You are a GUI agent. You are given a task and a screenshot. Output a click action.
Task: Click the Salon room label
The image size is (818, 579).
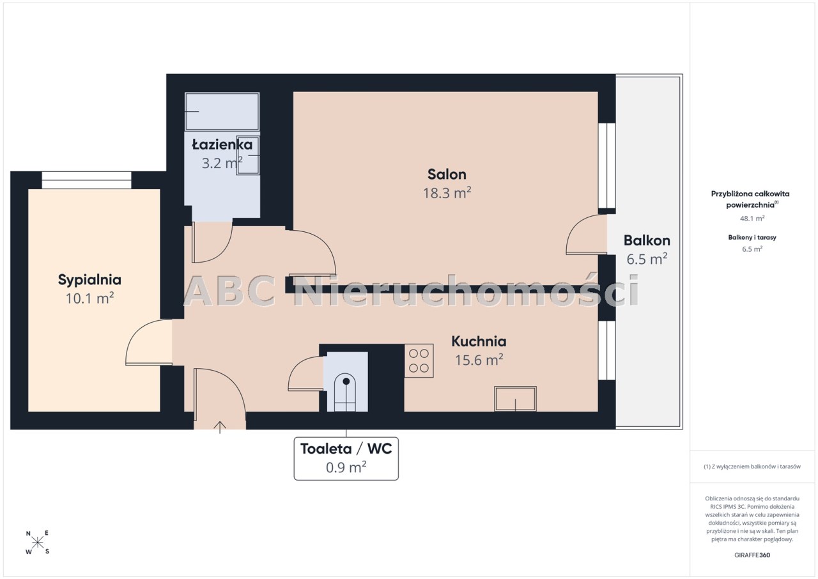447,174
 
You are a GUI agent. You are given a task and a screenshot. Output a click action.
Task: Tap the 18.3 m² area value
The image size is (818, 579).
447,193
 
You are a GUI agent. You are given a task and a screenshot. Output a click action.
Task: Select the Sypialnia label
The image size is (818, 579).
89,281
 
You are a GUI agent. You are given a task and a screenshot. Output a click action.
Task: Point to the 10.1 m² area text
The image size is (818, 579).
89,298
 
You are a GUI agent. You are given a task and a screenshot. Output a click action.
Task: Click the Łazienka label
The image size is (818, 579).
222,144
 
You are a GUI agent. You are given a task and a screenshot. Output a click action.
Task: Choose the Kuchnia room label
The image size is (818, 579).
479,341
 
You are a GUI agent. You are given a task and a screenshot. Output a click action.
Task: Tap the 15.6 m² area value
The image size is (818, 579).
479,360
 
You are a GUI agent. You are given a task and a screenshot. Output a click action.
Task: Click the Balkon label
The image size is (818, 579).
647,240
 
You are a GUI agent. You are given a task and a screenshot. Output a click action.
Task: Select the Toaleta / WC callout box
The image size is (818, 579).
346,458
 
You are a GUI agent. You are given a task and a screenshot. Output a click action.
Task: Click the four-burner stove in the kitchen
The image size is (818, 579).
419,360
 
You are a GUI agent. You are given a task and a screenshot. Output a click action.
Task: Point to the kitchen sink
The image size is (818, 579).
515,399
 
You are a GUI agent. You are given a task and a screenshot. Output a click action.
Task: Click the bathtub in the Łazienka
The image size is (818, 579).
222,111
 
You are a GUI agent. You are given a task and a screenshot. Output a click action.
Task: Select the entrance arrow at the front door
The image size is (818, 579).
220,428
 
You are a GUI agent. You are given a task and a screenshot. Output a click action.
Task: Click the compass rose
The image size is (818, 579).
38,543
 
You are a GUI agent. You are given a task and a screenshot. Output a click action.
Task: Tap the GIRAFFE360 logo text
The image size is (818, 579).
752,555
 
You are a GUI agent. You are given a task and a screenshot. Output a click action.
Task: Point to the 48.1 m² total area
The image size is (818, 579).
752,219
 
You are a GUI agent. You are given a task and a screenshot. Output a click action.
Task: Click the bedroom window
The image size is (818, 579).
86,180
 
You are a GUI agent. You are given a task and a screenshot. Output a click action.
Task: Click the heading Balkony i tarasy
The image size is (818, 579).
752,237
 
